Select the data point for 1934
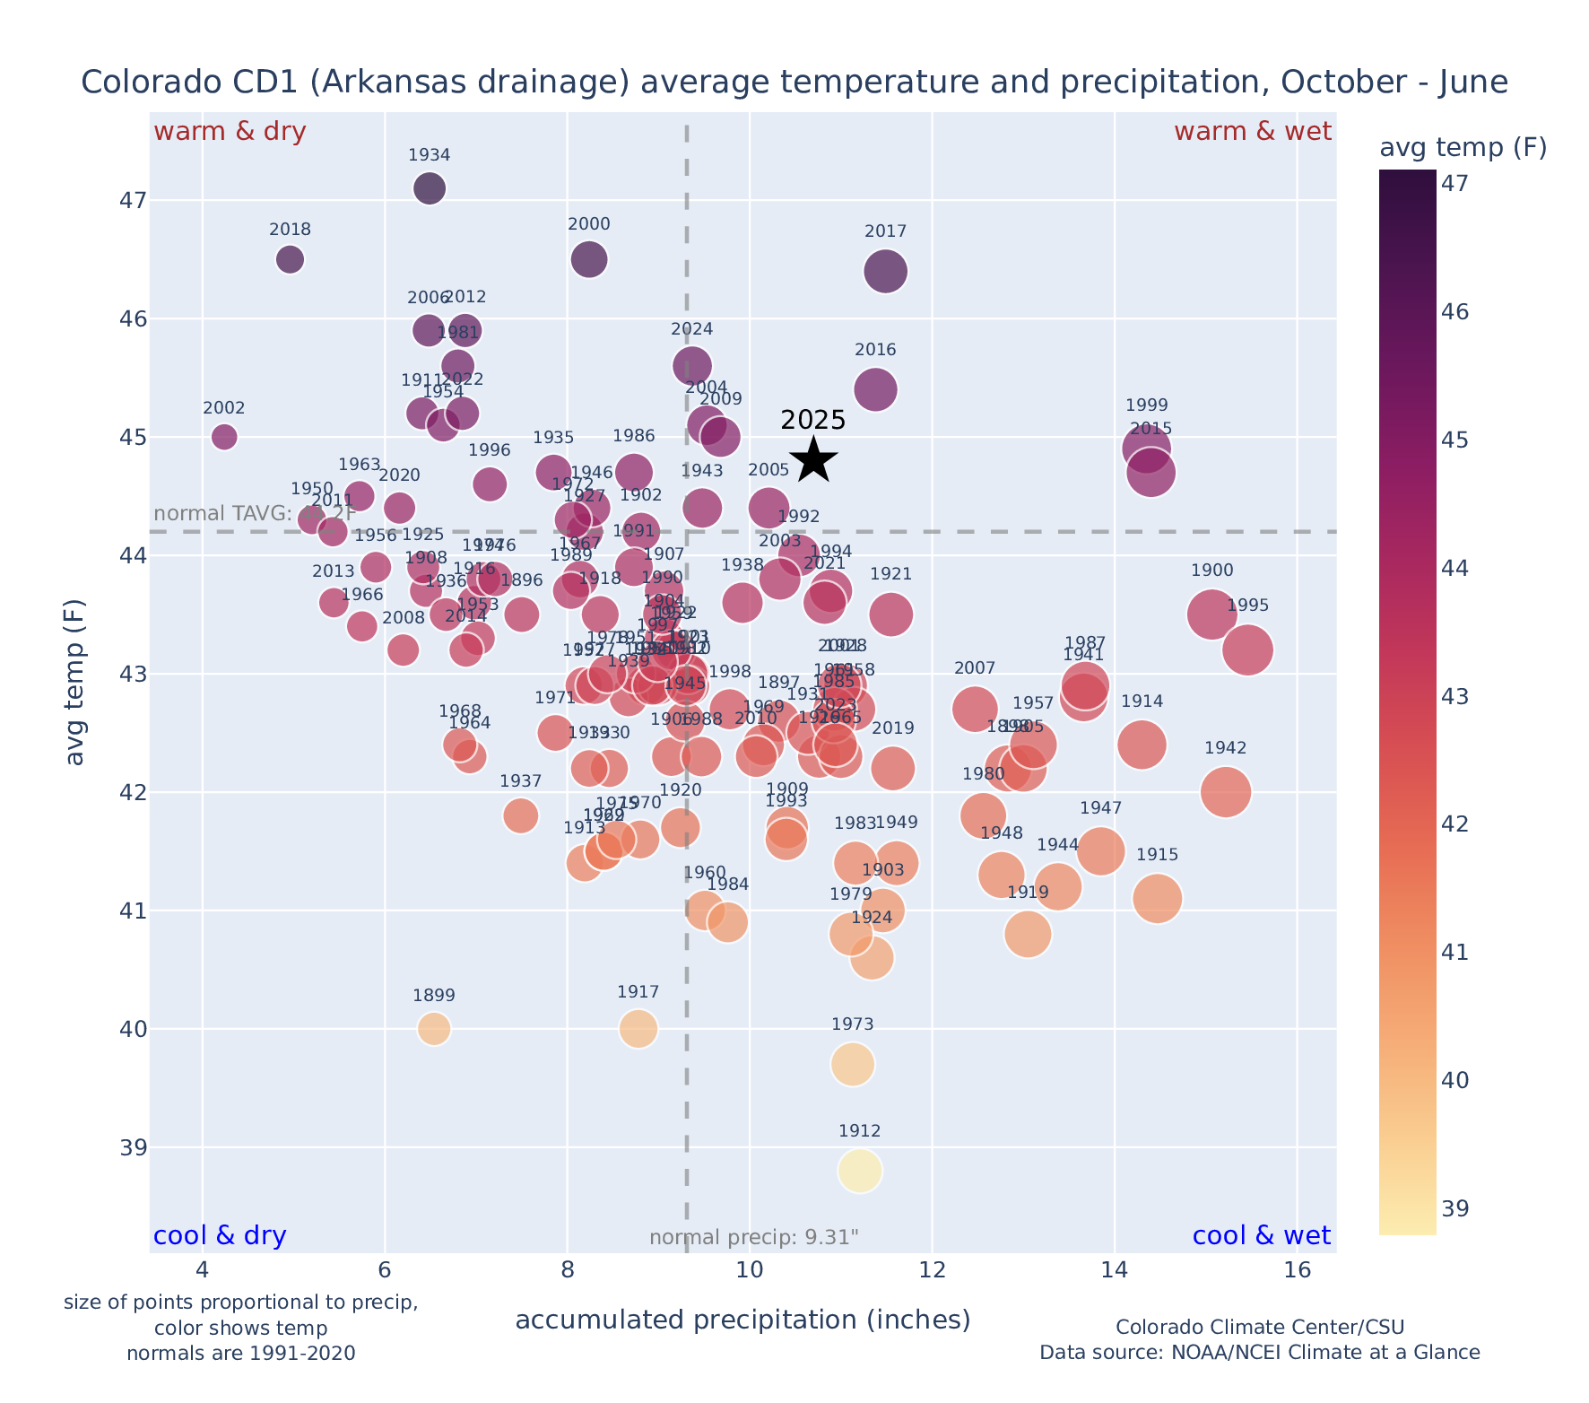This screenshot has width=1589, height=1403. point(430,188)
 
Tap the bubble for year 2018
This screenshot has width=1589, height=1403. point(290,259)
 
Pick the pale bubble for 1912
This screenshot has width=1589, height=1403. point(860,1171)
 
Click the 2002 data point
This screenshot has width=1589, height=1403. point(224,437)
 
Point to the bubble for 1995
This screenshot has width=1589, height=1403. point(1247,649)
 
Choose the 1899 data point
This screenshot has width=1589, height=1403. point(434,1028)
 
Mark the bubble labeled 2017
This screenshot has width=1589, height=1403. point(886,271)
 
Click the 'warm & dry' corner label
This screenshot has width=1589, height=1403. point(230,132)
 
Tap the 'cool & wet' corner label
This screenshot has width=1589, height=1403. point(1261,1236)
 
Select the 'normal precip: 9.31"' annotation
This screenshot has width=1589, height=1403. point(753,1238)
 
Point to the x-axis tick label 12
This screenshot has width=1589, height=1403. point(933,1270)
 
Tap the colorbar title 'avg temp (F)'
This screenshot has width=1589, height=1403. point(1463,148)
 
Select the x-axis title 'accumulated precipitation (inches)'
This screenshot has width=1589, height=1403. point(742,1320)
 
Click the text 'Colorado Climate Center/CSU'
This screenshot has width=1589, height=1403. point(1260,1328)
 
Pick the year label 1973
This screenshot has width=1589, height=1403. point(852,1024)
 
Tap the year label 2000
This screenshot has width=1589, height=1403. point(588,224)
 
